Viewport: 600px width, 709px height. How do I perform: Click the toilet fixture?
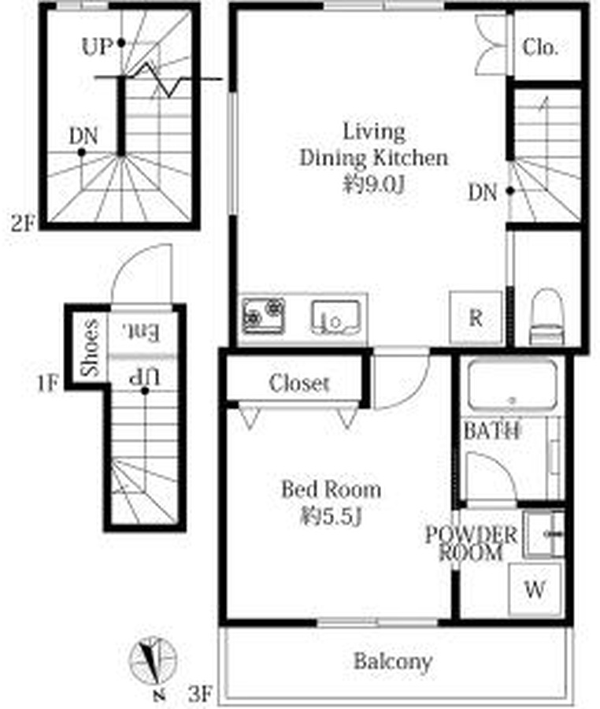point(546,317)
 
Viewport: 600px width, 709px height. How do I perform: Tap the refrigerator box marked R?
point(476,318)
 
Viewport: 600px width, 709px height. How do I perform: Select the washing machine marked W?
point(535,589)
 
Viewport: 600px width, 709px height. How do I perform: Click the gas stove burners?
point(264,315)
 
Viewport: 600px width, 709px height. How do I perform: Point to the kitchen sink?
point(335,317)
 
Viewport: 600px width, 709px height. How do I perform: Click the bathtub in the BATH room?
point(513,386)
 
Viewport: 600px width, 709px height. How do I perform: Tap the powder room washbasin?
point(544,534)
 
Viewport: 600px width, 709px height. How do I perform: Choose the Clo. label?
point(540,47)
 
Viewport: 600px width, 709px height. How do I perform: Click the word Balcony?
point(393,663)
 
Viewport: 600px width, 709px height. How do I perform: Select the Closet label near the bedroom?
point(298,384)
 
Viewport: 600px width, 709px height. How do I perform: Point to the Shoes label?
point(90,347)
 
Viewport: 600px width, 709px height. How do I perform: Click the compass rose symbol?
point(153,660)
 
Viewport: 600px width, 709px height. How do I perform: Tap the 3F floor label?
point(200,693)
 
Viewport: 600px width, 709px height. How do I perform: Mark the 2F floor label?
point(23,224)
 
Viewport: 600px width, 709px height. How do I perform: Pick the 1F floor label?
point(48,384)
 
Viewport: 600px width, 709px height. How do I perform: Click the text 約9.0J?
point(374,184)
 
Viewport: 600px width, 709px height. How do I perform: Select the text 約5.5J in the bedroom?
point(332,516)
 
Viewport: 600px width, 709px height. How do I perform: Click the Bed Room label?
point(331,489)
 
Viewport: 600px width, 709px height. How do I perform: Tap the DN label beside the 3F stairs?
point(483,193)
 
